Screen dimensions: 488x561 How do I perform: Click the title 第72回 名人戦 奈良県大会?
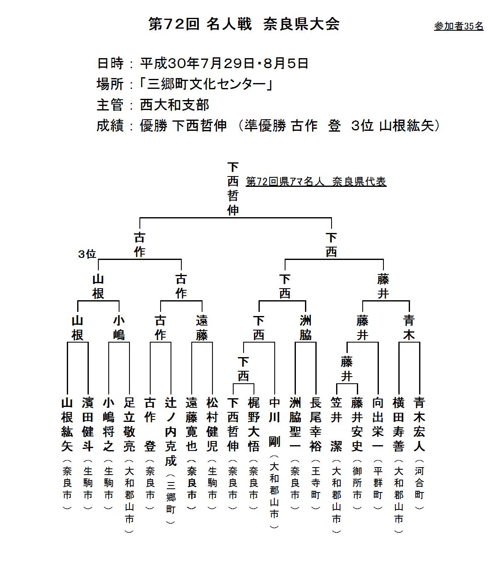(x=244, y=24)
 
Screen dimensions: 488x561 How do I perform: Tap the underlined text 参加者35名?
(x=459, y=26)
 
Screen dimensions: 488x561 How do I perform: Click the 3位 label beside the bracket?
(x=87, y=254)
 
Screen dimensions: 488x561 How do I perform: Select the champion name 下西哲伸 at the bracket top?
(x=233, y=189)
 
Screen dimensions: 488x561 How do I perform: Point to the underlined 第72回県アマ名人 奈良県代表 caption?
(x=316, y=181)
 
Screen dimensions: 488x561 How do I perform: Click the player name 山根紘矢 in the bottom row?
(x=67, y=424)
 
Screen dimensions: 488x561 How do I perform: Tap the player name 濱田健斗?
(x=88, y=424)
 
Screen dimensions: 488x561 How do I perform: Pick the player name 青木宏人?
(x=419, y=424)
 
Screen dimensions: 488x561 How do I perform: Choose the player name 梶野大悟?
(x=254, y=424)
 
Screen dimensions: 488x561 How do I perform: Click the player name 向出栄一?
(x=378, y=424)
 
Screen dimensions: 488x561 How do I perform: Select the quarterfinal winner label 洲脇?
(x=305, y=328)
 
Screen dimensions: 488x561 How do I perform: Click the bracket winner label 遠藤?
(x=202, y=328)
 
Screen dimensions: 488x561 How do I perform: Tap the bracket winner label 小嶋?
(x=119, y=328)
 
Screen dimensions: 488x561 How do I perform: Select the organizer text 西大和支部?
(x=175, y=105)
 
